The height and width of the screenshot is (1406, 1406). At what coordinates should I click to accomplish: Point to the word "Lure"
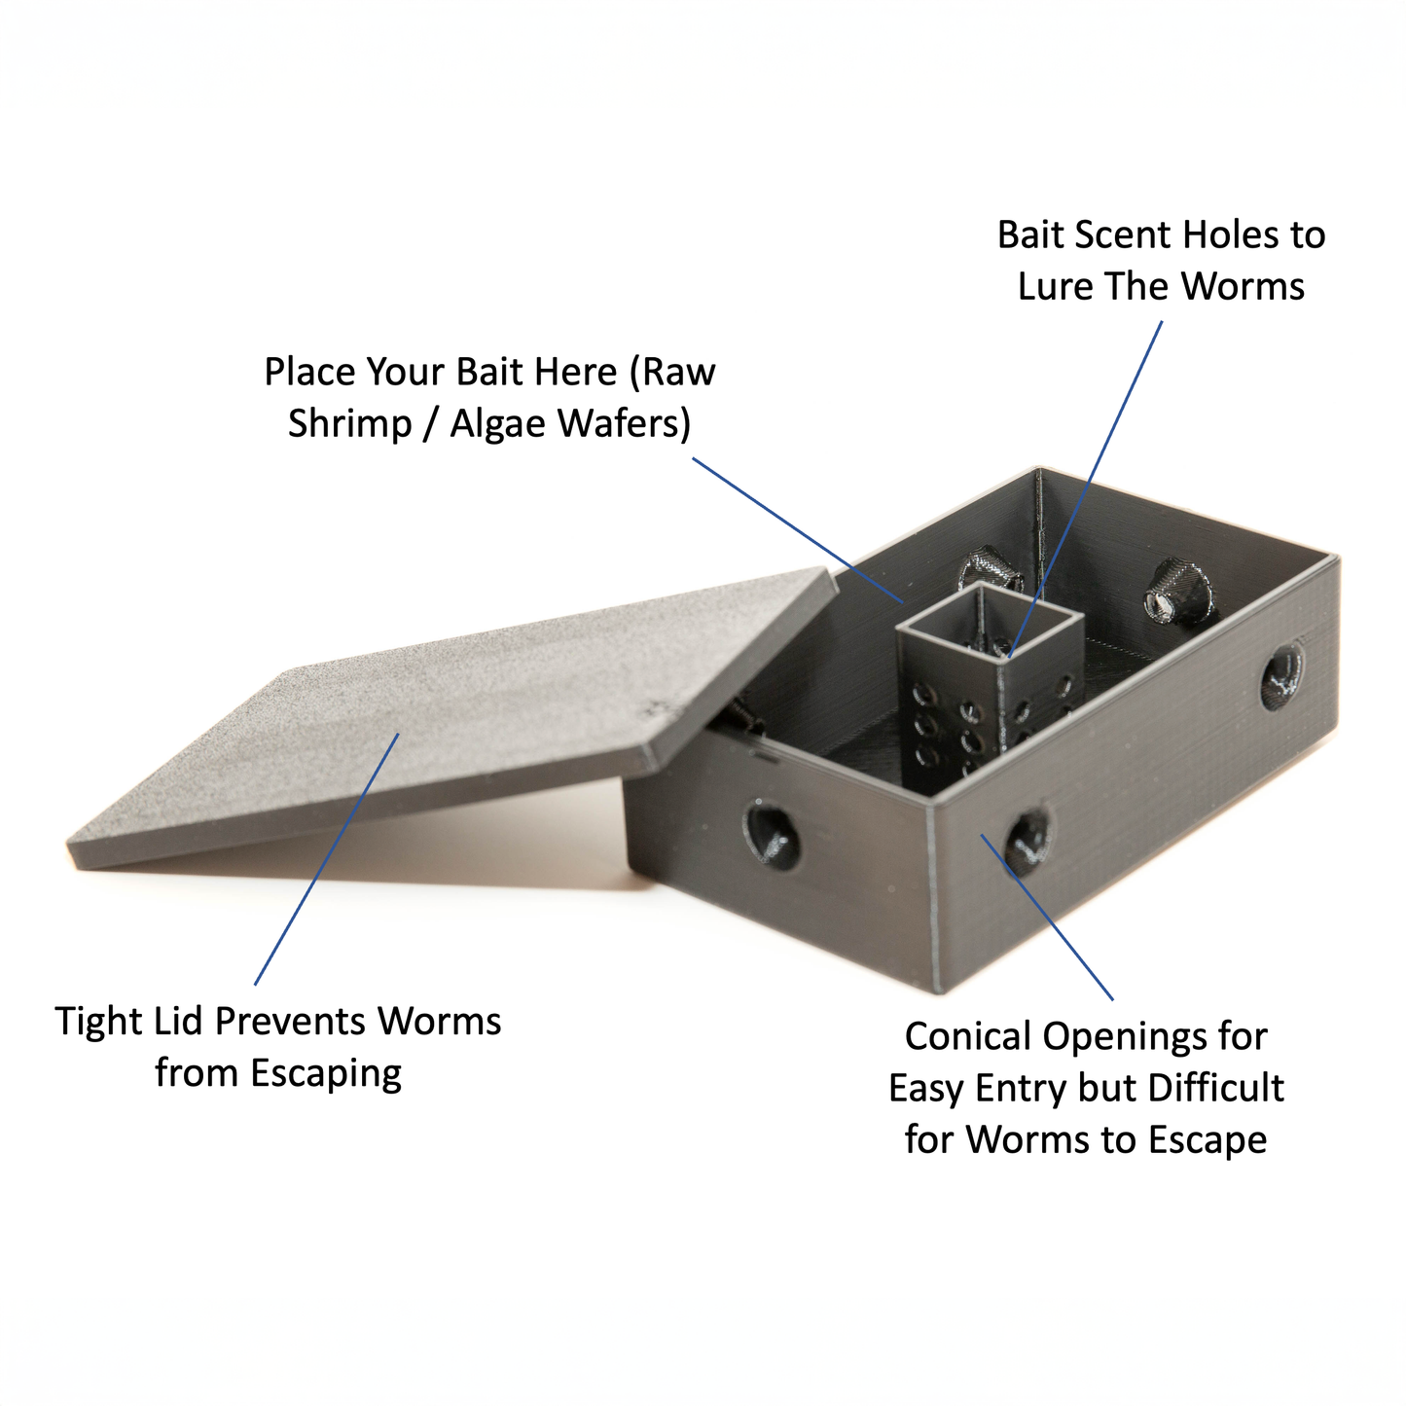[1055, 287]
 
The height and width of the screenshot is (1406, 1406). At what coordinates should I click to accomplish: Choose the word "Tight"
[100, 1022]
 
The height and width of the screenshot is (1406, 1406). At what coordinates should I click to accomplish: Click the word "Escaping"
[325, 1073]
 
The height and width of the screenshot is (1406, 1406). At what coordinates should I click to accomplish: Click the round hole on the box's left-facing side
[773, 835]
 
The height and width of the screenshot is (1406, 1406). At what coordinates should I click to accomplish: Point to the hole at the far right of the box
[1282, 674]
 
